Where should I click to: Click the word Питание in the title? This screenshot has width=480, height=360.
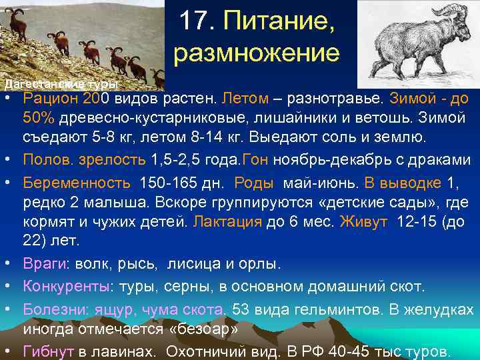(280, 25)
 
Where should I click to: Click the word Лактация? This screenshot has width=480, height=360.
(227, 222)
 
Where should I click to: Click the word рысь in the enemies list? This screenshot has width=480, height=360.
(139, 264)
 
